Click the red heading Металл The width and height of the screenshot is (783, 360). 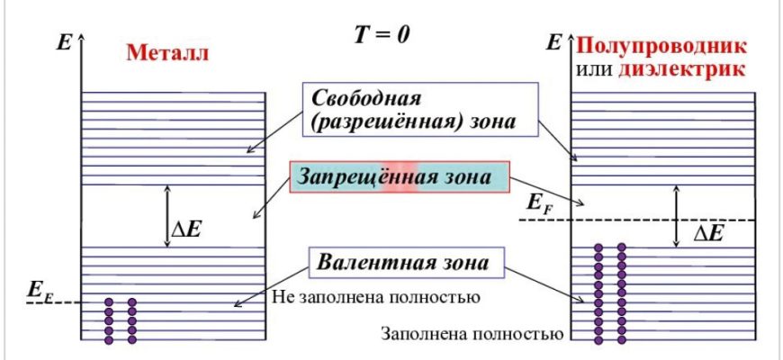click(167, 51)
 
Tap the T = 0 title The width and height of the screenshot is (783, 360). click(385, 34)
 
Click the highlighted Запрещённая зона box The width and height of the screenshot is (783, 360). click(400, 176)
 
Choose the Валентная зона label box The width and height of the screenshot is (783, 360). click(403, 263)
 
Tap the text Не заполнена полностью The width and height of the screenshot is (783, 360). click(374, 295)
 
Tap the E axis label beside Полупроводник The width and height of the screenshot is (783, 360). click(554, 41)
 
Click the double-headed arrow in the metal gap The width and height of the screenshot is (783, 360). click(166, 216)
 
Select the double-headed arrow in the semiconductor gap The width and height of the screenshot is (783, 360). click(677, 216)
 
